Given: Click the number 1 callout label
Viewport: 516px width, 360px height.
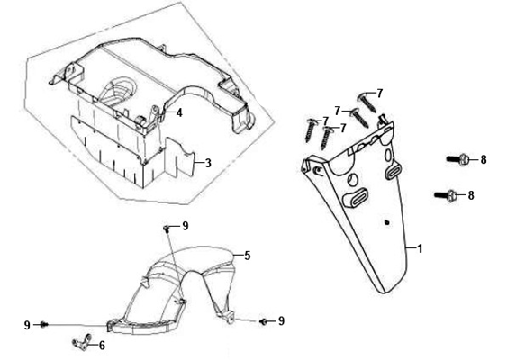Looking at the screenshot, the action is (420, 248).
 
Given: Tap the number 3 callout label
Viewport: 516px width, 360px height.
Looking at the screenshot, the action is (208, 163).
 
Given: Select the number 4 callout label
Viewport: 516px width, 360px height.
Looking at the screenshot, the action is (179, 113).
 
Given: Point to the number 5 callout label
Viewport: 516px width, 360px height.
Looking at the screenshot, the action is (248, 256).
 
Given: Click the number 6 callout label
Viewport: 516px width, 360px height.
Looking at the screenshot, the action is (102, 346).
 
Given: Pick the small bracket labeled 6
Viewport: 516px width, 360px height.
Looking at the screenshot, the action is (82, 342).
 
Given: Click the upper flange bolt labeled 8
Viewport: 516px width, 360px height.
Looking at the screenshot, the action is (457, 159).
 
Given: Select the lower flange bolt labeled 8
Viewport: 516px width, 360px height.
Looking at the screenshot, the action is (446, 195).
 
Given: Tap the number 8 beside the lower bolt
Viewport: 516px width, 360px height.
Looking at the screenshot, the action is (471, 195).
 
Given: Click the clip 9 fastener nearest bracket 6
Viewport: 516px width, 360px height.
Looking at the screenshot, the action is (44, 325).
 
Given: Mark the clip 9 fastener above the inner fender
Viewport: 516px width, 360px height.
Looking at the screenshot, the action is (167, 229).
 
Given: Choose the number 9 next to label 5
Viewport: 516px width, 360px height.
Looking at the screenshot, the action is (186, 226).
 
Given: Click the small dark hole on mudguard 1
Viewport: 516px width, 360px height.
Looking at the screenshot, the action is (387, 222).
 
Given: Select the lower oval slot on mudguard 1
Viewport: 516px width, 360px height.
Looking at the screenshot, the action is (356, 197).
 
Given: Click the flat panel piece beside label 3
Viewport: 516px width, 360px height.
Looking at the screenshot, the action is (180, 157).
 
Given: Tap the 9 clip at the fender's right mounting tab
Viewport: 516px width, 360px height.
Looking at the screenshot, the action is (264, 321).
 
